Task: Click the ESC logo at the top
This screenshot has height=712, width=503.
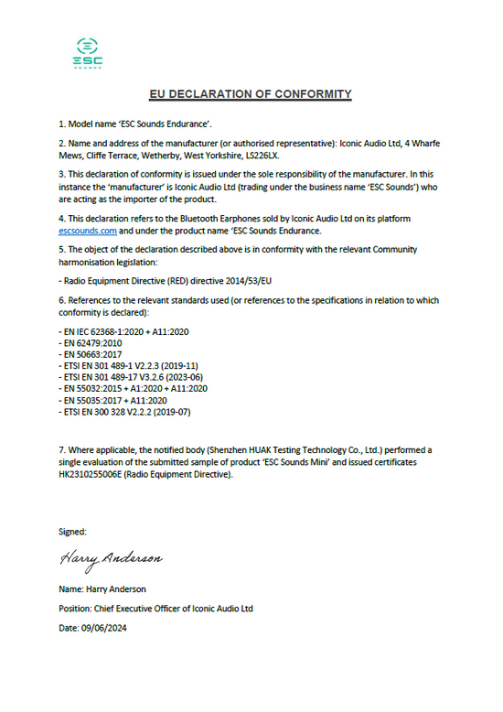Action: pos(88,52)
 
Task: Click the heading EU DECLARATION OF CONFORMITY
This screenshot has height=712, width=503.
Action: pos(251,94)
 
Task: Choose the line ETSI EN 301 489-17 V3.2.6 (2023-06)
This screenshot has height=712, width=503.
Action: pos(131,376)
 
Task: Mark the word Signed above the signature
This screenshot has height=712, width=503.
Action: pos(72,531)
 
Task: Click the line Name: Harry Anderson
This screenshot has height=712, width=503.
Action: pos(102,588)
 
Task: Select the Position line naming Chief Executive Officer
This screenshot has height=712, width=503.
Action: pos(155,608)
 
